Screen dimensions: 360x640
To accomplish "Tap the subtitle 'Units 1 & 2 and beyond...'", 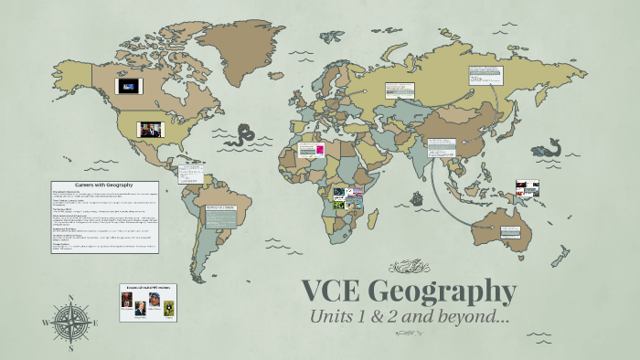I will click(x=409, y=318).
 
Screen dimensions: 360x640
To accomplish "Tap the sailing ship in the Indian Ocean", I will click(x=418, y=197).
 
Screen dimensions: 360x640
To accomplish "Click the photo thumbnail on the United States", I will click(x=148, y=129).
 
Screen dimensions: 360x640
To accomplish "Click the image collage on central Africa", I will click(x=347, y=197).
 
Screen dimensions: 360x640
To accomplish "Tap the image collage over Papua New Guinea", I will click(x=528, y=189).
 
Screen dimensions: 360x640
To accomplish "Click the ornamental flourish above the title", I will click(x=409, y=267).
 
